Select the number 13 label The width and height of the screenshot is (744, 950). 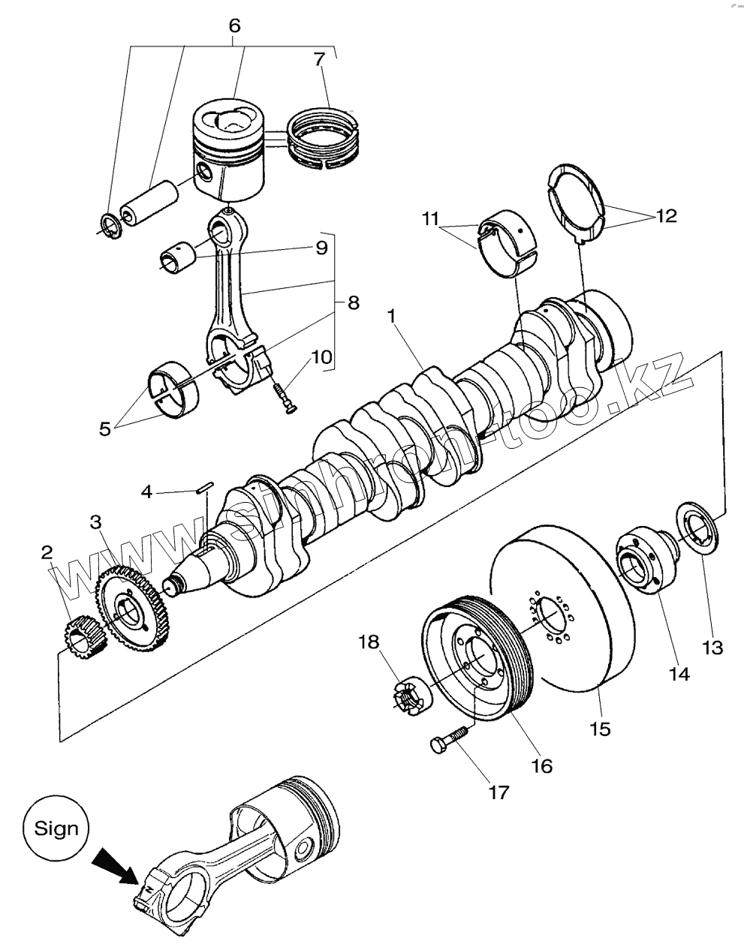click(712, 646)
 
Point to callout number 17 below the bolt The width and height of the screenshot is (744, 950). click(499, 791)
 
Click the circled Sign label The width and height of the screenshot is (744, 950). click(56, 828)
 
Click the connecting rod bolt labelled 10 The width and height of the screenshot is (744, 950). click(284, 396)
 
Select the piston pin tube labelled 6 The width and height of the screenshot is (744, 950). click(149, 201)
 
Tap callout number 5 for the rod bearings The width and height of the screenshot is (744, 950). click(104, 428)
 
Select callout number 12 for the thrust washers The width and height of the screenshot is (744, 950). click(665, 215)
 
